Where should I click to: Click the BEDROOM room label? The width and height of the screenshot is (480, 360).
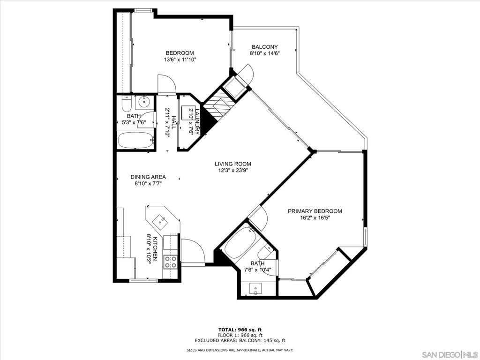180,53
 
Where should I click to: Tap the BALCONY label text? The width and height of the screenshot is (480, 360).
264,47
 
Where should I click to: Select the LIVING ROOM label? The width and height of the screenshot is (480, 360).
232,164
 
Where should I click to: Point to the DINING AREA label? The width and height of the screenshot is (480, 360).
148,177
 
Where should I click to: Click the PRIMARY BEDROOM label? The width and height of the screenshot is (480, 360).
315,211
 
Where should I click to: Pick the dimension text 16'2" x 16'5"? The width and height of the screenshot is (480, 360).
315,218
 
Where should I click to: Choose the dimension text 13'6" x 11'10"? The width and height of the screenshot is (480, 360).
180,60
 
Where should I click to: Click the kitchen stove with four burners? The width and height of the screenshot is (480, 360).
171,262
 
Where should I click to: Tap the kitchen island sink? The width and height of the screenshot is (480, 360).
161,221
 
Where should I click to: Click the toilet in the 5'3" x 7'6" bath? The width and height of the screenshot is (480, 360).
126,104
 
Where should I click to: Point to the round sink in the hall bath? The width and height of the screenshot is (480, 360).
143,101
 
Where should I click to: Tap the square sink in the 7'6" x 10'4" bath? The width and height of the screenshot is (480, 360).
255,289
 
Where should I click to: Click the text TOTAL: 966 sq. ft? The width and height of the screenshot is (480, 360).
240,330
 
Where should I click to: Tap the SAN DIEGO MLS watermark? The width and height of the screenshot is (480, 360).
450,354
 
